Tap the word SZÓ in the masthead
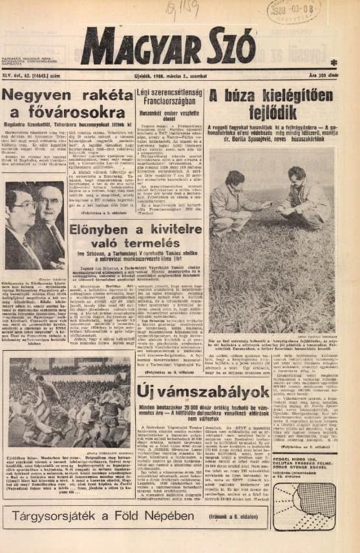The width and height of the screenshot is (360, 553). click(231, 47)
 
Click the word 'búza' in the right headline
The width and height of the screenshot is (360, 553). click(254, 96)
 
